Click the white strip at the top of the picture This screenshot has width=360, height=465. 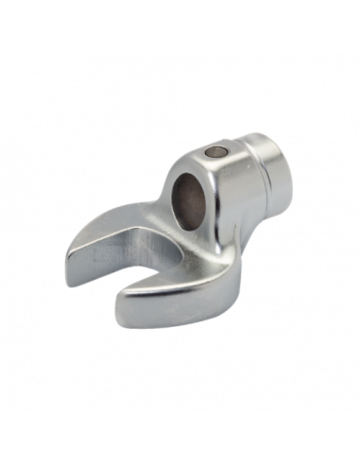pos(180,24)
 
